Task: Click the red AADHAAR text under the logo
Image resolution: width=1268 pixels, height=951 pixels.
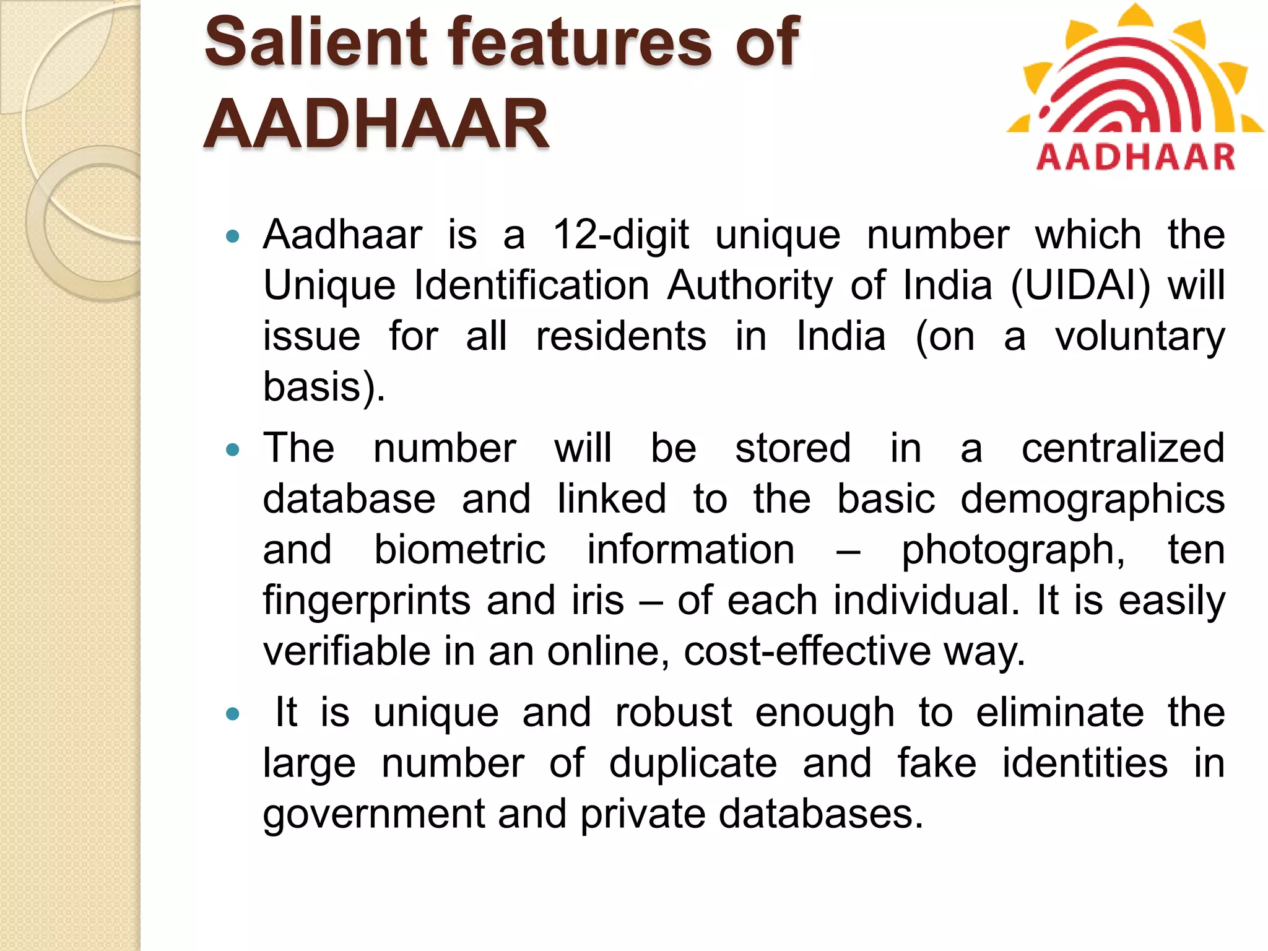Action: (1136, 157)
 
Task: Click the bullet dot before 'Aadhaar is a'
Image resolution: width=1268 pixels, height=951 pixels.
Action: (233, 236)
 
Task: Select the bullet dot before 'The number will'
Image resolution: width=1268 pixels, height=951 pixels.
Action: (233, 449)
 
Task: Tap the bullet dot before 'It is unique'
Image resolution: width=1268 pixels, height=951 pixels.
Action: (233, 714)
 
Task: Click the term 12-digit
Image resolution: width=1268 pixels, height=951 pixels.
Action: (620, 236)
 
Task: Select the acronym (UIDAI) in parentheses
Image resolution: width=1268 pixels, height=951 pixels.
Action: (1080, 286)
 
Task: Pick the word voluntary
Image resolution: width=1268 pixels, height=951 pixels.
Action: (1140, 337)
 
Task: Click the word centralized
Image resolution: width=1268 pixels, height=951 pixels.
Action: (1123, 448)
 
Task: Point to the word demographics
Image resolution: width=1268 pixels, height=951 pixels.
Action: (1092, 500)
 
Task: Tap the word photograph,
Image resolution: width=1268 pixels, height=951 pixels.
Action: (1013, 551)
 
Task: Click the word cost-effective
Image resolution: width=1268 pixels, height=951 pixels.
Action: (807, 651)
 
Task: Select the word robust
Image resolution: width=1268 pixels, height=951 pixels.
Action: (674, 713)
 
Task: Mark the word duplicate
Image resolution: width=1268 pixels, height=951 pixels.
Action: (693, 763)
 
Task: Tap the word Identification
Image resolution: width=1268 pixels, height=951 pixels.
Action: (531, 286)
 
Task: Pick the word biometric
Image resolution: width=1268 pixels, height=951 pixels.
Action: (459, 550)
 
